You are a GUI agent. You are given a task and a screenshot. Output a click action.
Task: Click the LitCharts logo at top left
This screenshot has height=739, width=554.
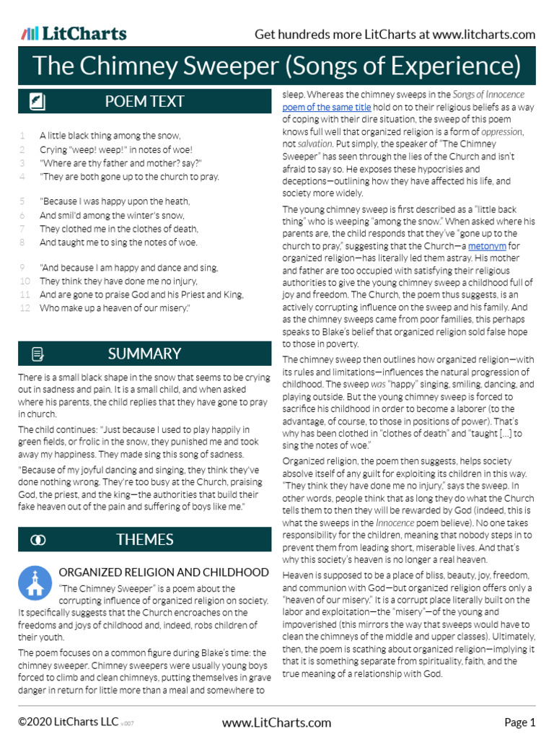point(74,34)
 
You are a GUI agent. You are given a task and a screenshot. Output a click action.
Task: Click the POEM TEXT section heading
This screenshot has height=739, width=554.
point(144,102)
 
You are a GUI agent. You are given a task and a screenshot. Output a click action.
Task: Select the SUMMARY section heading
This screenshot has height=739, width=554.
point(144,354)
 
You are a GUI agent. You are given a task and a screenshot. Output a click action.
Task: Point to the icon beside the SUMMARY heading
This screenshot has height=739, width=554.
point(38,354)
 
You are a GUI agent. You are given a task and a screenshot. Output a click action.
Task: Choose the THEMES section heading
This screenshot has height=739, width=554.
point(144,539)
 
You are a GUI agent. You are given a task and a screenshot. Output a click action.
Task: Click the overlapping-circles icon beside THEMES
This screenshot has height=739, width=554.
point(38,540)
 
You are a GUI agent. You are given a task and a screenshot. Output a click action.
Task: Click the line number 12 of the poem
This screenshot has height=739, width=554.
point(25,308)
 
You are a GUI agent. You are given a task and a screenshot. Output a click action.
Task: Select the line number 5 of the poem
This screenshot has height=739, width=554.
point(22,201)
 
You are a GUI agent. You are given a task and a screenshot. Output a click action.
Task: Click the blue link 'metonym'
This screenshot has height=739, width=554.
point(488,246)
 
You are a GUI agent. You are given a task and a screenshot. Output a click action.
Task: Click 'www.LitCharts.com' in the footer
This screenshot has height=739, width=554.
point(276,722)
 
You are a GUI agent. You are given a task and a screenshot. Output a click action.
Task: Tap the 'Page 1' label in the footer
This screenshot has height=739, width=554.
point(519,722)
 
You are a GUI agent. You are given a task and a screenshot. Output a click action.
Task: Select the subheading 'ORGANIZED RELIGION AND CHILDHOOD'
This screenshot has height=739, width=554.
point(164,572)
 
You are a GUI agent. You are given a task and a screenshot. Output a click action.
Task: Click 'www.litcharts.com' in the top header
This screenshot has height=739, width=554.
point(484,35)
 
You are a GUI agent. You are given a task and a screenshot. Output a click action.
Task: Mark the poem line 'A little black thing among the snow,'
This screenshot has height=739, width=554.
point(110,136)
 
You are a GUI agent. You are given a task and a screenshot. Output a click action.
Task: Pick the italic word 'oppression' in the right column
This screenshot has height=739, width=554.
point(501,132)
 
